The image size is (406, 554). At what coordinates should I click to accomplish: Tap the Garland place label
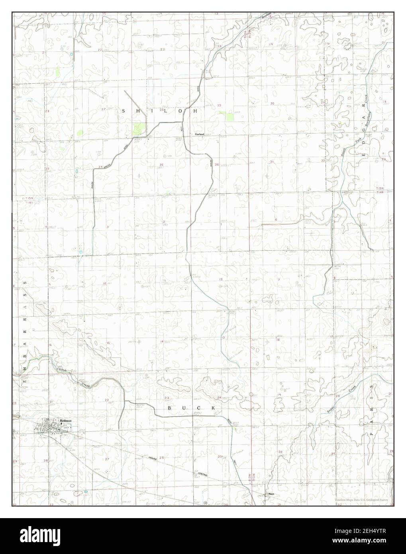coord(199,134)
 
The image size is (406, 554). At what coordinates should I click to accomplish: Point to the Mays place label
coord(271,494)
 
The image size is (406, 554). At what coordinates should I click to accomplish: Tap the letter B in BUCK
coord(169,409)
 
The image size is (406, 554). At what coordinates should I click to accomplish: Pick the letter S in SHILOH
coord(124,112)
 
